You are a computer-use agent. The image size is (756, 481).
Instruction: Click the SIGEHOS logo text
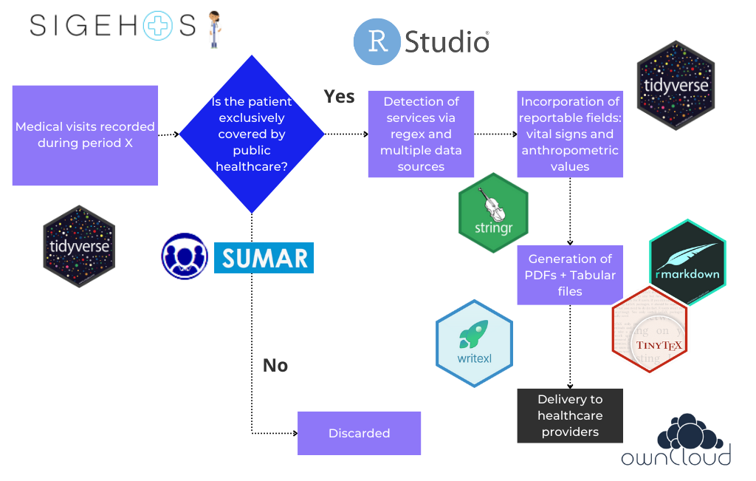click(111, 26)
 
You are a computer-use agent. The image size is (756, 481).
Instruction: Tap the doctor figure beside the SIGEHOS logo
click(214, 29)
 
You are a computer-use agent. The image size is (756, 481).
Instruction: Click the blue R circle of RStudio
click(377, 42)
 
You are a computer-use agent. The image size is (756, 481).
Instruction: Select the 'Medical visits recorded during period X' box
click(85, 135)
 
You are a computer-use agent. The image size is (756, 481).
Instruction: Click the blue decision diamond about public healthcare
click(252, 134)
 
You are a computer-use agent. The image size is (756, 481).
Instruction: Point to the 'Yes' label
click(339, 97)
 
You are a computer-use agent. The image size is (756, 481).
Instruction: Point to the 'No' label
click(275, 366)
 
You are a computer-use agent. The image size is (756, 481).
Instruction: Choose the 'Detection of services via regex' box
click(421, 134)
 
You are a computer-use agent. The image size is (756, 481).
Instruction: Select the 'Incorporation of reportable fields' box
click(569, 134)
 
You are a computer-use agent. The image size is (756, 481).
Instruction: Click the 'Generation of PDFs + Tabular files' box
click(569, 275)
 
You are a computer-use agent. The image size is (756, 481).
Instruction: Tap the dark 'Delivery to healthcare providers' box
click(569, 415)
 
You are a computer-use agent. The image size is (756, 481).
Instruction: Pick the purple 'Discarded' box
click(359, 433)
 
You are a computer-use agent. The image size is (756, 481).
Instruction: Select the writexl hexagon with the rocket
click(474, 343)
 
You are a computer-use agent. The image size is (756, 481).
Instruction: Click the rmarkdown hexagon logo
click(687, 262)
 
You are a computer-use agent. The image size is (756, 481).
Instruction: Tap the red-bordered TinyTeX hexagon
click(650, 328)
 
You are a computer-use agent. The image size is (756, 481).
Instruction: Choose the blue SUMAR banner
click(264, 258)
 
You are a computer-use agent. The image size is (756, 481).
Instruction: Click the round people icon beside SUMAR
click(185, 256)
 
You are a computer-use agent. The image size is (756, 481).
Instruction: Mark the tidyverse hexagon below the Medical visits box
click(79, 245)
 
